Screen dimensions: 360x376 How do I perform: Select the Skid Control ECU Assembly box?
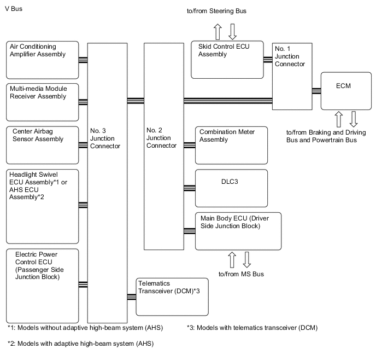226,59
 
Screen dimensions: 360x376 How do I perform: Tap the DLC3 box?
231,188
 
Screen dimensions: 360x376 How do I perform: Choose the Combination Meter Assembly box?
232,145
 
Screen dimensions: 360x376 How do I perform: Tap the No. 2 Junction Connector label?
162,138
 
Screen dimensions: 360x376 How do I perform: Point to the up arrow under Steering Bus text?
217,31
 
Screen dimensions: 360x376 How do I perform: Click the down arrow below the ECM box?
353,119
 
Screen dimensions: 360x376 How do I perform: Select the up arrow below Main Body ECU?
232,259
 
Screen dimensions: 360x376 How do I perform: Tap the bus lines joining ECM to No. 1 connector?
315,90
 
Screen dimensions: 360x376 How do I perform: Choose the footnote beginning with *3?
252,328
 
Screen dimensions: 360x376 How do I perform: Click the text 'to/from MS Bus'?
241,274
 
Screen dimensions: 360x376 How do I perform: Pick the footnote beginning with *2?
80,344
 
